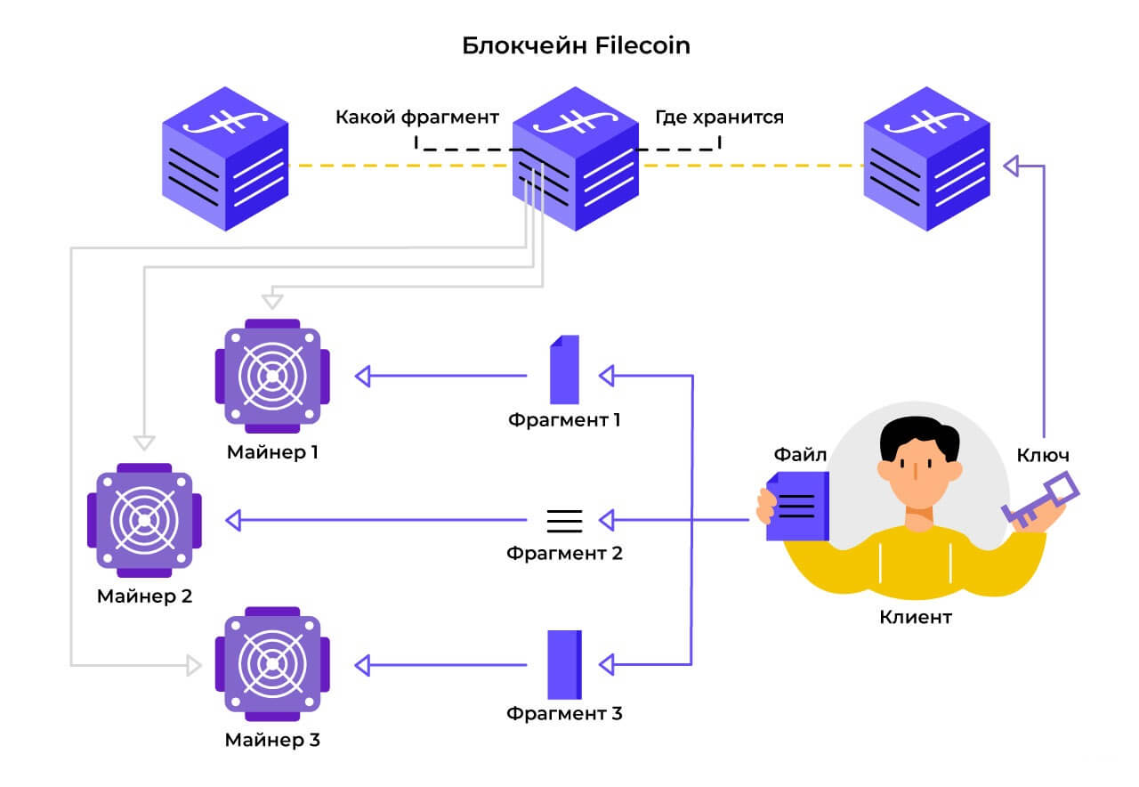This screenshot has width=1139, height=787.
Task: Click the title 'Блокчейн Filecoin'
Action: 576,46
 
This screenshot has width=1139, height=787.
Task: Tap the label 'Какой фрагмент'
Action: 416,117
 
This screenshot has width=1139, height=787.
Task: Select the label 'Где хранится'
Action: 719,117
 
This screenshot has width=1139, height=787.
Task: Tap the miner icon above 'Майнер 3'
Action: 272,664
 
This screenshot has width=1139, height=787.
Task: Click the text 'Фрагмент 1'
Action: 564,418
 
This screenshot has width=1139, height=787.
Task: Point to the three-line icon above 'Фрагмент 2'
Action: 564,520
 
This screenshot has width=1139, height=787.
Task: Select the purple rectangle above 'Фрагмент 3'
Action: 564,664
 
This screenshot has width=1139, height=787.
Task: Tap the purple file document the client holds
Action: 797,506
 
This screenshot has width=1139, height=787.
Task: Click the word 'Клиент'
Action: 916,617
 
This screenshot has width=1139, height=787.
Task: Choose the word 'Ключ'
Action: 1043,455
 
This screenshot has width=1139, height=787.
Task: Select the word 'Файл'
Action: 800,455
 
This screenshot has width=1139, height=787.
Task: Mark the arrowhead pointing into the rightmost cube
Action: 1011,165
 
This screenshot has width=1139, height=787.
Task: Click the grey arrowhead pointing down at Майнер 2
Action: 144,441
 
